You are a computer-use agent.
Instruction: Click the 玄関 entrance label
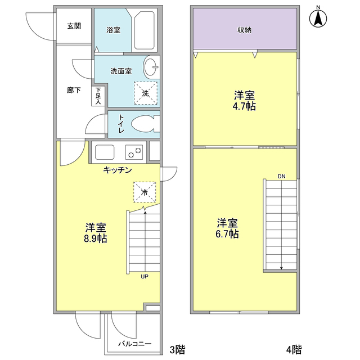pos(74,26)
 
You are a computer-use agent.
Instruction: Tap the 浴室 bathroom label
pos(113,30)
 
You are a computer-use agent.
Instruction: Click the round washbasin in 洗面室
pos(152,67)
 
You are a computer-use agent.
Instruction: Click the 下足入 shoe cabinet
pos(98,96)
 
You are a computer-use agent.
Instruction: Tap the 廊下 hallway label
pos(74,90)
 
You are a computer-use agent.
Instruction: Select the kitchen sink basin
pos(105,152)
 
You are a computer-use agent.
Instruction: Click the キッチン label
pos(118,170)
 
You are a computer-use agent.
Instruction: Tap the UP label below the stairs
pos(145,276)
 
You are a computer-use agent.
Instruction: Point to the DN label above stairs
pos(281,177)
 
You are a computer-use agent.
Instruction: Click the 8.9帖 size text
pos(96,238)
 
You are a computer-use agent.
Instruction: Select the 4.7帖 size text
pos(245,106)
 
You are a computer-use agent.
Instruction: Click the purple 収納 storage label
pos(244,30)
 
